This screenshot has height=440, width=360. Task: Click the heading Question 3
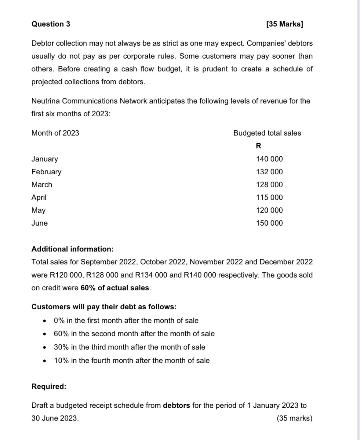(51, 24)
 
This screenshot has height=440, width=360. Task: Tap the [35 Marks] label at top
(285, 24)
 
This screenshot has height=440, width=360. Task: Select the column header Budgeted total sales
(267, 133)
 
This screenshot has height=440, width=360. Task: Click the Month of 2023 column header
(55, 133)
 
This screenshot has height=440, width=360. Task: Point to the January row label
(45, 159)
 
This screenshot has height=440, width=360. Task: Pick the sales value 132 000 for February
(269, 172)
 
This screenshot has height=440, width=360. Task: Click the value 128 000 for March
(269, 185)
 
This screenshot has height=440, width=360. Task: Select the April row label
(39, 198)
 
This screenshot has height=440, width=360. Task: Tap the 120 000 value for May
(269, 210)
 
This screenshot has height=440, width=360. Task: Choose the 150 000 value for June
(269, 223)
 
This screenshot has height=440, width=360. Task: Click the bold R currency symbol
(258, 146)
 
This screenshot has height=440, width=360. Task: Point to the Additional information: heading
(72, 249)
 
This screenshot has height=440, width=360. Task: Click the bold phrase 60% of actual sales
(115, 288)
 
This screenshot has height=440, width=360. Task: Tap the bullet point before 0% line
(45, 321)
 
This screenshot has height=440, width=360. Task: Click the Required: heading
(49, 387)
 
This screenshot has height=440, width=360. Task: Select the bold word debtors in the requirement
(176, 405)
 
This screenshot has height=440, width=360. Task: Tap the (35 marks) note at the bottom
(294, 418)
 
